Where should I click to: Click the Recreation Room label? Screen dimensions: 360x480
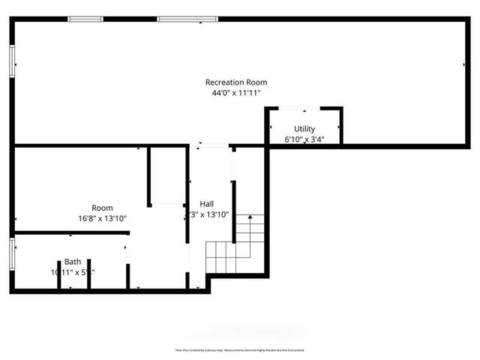[236, 82]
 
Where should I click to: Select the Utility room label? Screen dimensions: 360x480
[304, 129]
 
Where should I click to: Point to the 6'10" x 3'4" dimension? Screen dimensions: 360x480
[304, 139]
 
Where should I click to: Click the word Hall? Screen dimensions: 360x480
[206, 204]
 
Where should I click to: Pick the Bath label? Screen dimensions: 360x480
[73, 262]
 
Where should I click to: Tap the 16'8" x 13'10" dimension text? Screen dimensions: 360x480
[103, 218]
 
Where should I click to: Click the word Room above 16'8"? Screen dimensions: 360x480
[103, 208]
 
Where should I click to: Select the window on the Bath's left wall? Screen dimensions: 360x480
[12, 253]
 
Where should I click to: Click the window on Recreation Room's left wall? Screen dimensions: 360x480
[12, 59]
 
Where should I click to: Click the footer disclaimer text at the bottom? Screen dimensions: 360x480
[240, 349]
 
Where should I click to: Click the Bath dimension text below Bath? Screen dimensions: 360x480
[73, 272]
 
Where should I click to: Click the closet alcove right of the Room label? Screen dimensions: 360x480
[166, 176]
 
